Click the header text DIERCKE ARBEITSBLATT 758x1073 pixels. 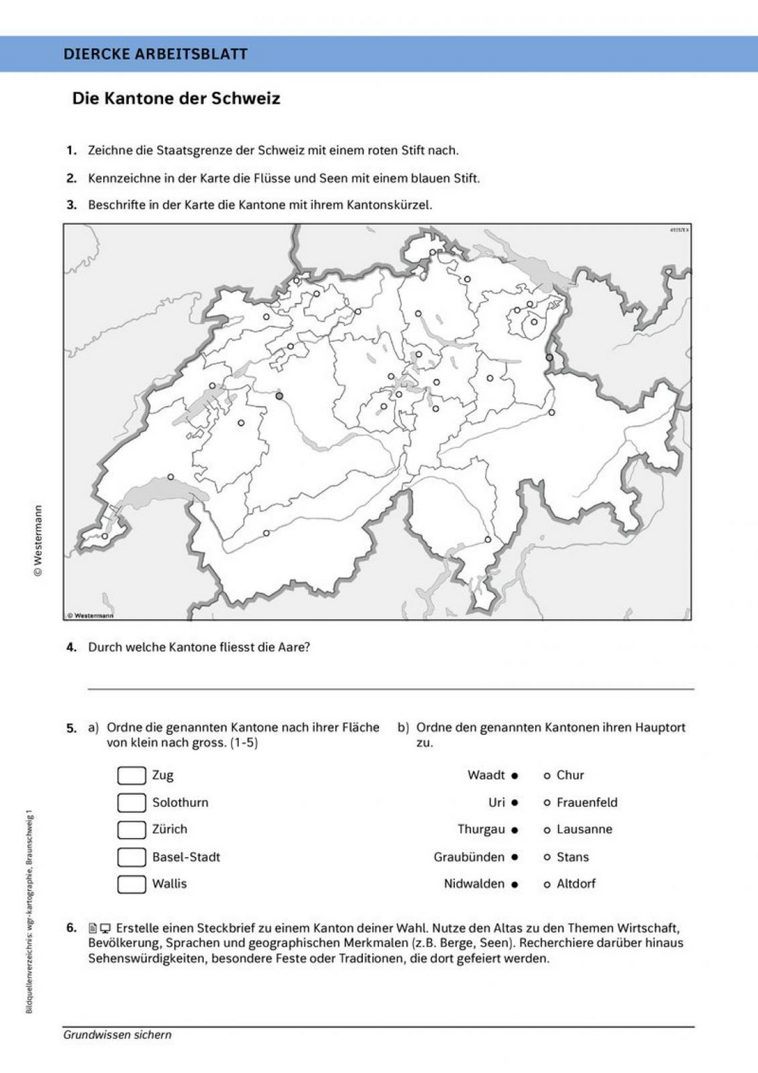155,54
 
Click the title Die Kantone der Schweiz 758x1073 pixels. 176,99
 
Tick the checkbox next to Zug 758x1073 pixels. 131,775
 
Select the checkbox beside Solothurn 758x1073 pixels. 131,802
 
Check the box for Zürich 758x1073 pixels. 131,830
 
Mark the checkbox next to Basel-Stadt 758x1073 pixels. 131,857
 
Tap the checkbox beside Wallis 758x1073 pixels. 131,884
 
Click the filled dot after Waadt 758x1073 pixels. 515,776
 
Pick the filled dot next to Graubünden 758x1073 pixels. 515,857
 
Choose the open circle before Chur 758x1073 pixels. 547,776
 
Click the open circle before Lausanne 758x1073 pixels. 547,830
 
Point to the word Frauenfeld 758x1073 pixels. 587,802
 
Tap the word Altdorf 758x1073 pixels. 576,884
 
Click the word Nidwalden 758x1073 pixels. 474,884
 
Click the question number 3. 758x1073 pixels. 71,205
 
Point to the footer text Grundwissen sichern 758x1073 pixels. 117,1034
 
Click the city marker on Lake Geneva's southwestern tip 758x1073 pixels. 105,536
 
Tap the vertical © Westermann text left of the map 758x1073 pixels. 38,541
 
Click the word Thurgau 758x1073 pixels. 481,830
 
